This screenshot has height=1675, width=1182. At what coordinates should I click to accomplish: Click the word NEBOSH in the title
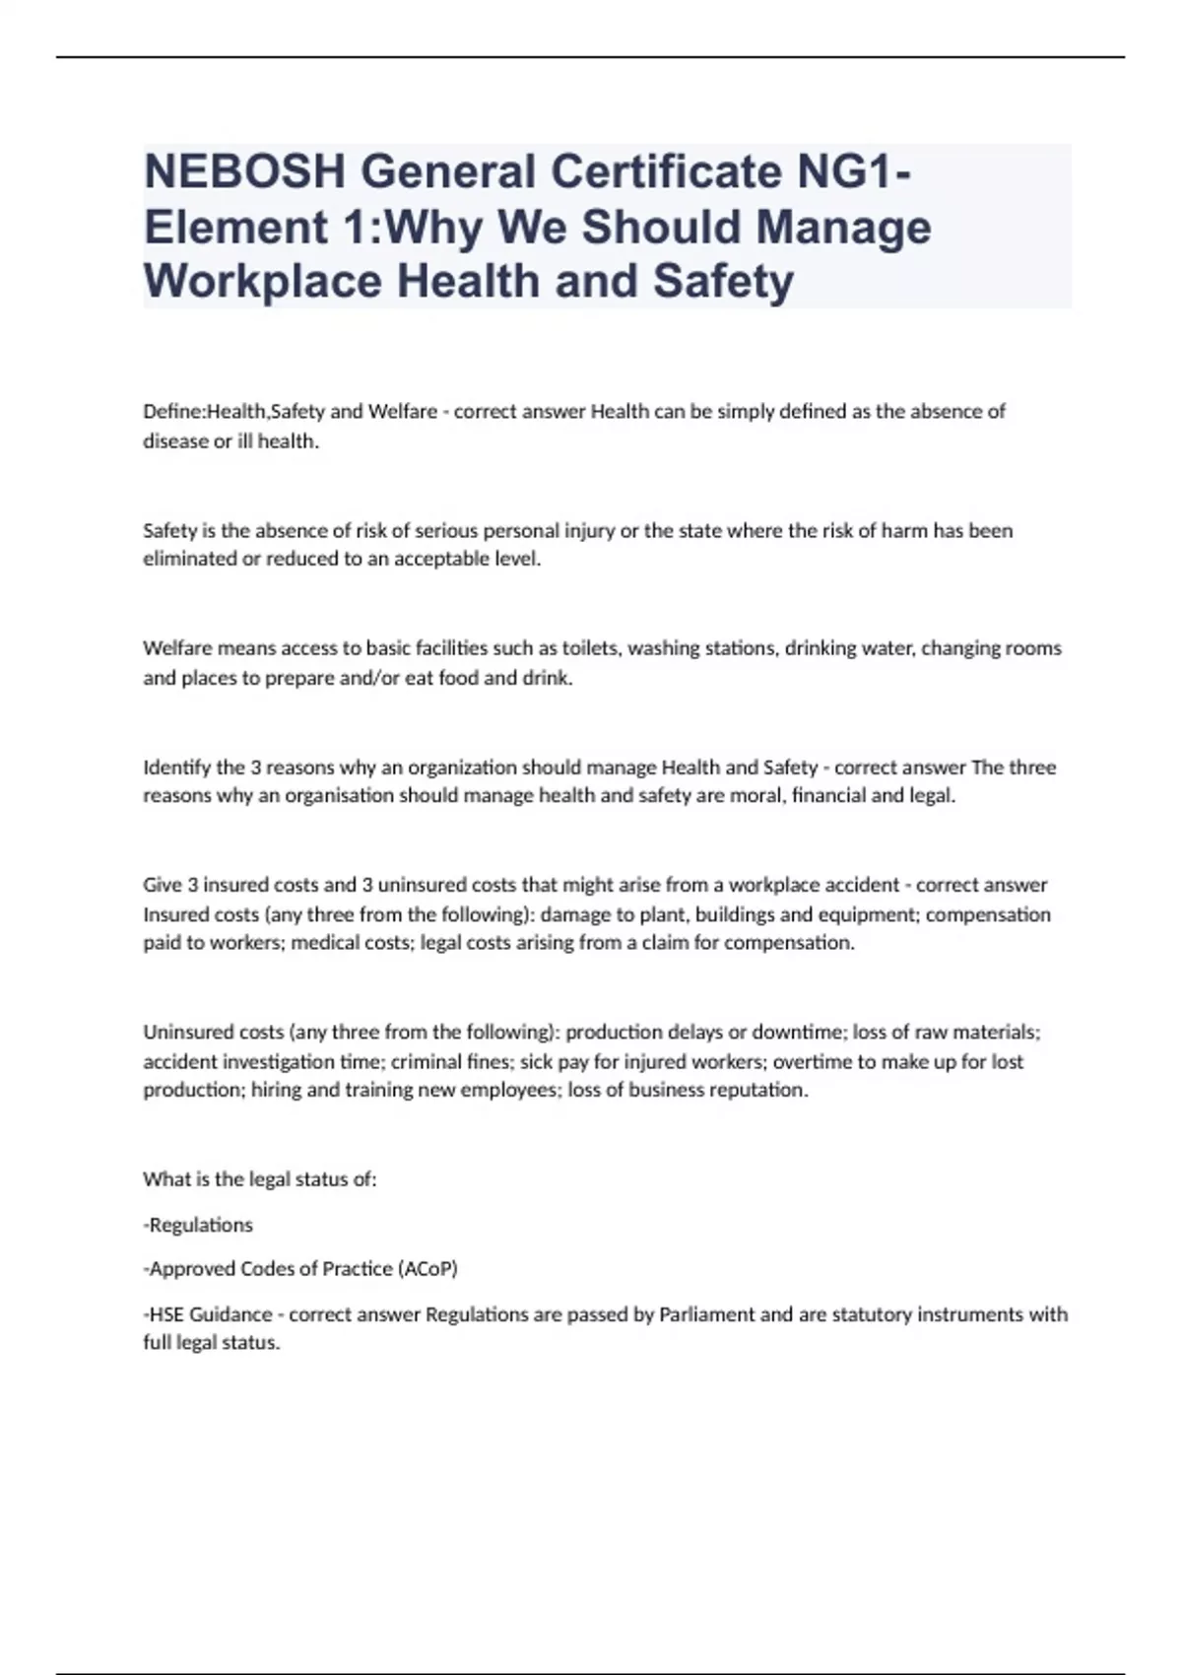tap(243, 172)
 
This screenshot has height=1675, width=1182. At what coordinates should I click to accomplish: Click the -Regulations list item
tap(198, 1225)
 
